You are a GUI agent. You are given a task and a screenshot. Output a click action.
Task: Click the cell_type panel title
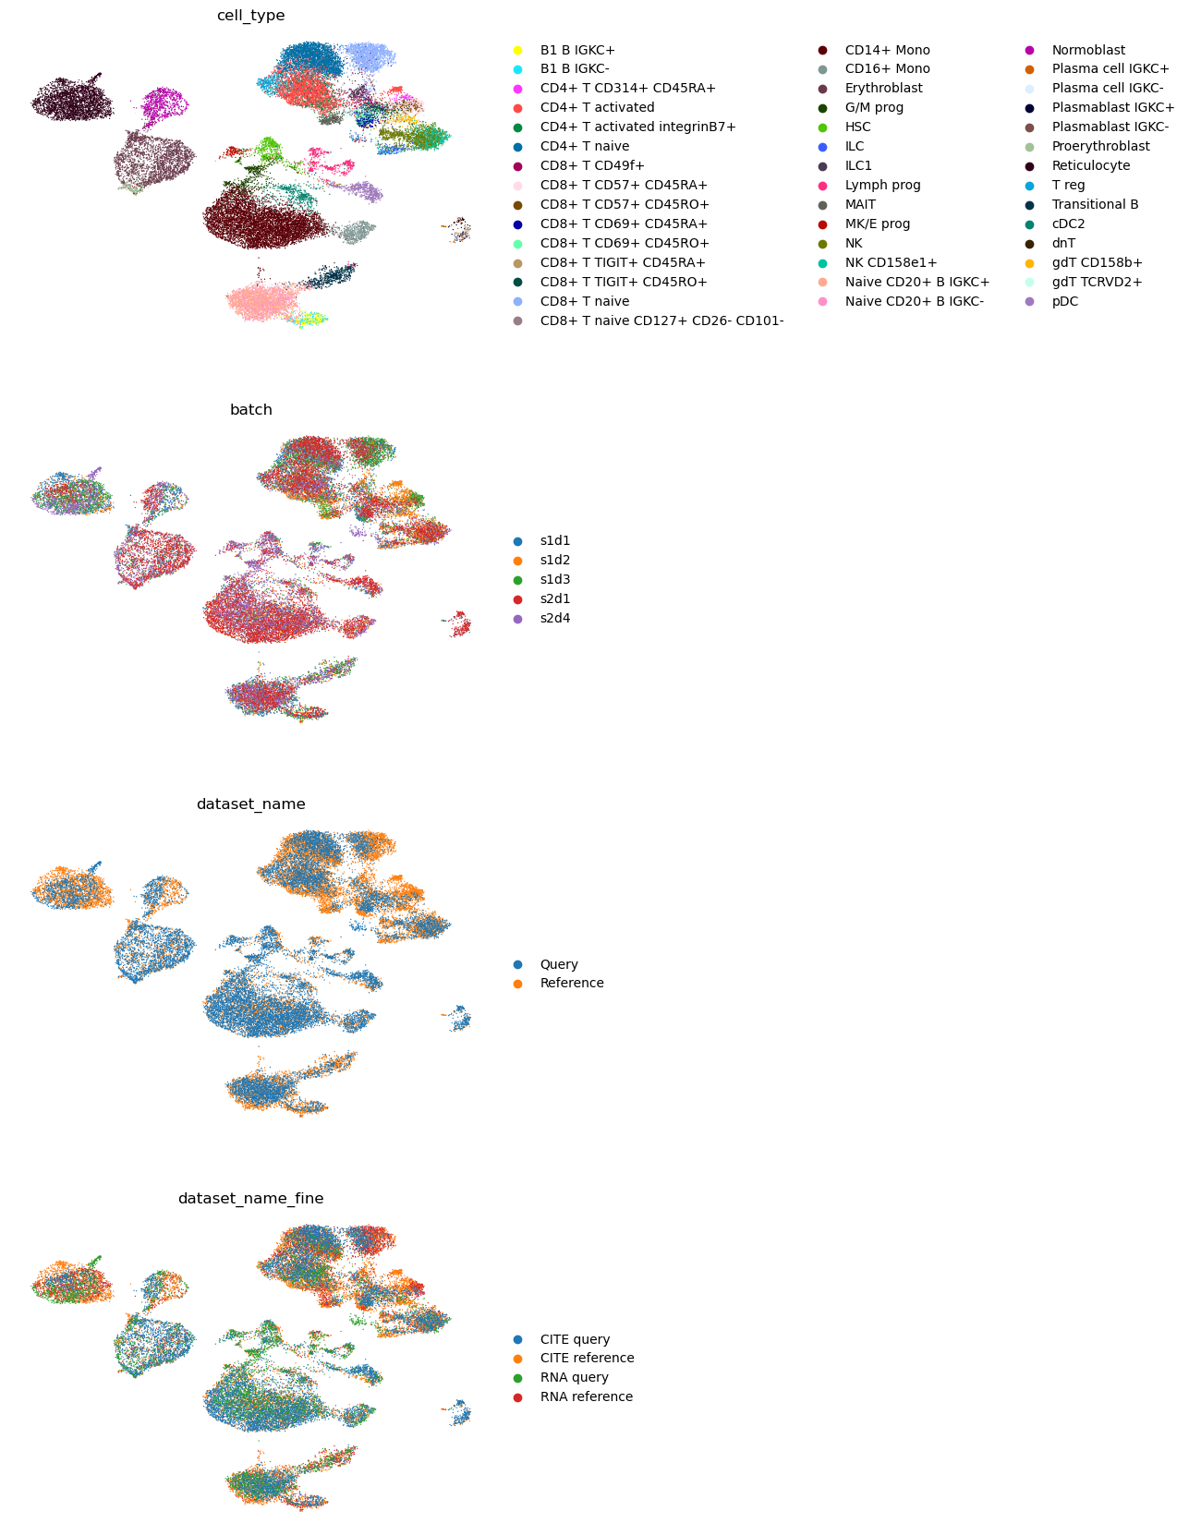pos(250,16)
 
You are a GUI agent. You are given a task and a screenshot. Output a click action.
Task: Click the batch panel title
pos(250,409)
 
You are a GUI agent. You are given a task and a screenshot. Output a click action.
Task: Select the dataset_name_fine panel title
pos(250,1198)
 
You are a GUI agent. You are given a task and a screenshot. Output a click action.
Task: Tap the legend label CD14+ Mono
pos(887,50)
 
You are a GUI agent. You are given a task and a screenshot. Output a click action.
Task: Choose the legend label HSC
pos(857,127)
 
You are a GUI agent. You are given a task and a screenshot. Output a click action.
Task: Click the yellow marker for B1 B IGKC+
pos(517,50)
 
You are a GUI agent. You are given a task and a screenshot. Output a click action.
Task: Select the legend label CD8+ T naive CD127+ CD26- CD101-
pos(661,320)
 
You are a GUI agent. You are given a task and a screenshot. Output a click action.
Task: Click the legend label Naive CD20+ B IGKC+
pos(916,282)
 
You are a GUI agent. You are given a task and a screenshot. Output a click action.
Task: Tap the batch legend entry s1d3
pos(554,580)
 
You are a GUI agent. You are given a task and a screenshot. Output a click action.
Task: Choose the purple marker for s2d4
pos(517,619)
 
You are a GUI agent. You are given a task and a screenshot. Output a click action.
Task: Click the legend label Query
pos(559,964)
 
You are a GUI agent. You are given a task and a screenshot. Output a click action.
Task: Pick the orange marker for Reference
pos(517,984)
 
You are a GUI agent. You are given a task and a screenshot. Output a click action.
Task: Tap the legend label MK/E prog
pos(878,224)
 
